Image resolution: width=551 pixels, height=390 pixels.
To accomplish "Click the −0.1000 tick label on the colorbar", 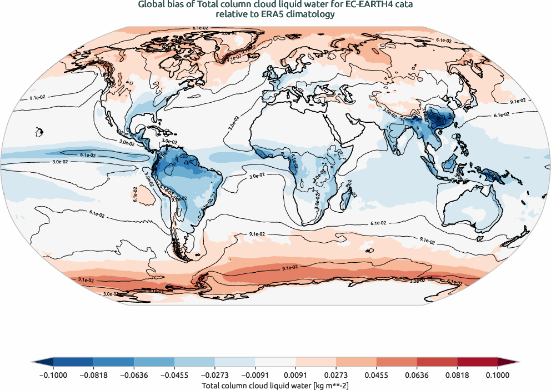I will click(x=53, y=375).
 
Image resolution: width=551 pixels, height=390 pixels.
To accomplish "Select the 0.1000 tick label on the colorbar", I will click(x=497, y=375).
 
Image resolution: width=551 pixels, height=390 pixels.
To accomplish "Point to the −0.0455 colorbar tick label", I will click(x=174, y=375).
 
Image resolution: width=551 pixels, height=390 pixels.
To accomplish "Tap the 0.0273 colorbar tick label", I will click(x=336, y=375).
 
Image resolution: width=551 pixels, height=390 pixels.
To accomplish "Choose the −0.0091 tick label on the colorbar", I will click(x=255, y=375).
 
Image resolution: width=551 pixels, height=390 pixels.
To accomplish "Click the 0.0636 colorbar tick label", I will click(x=417, y=375).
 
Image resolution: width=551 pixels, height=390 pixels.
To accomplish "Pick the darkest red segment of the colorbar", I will click(x=477, y=362).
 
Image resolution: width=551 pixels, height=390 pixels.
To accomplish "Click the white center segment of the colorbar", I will click(x=275, y=362).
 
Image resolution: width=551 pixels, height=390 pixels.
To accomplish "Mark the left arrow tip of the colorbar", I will click(x=32, y=362).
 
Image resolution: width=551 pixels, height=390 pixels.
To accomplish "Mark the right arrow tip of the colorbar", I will click(x=519, y=362).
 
